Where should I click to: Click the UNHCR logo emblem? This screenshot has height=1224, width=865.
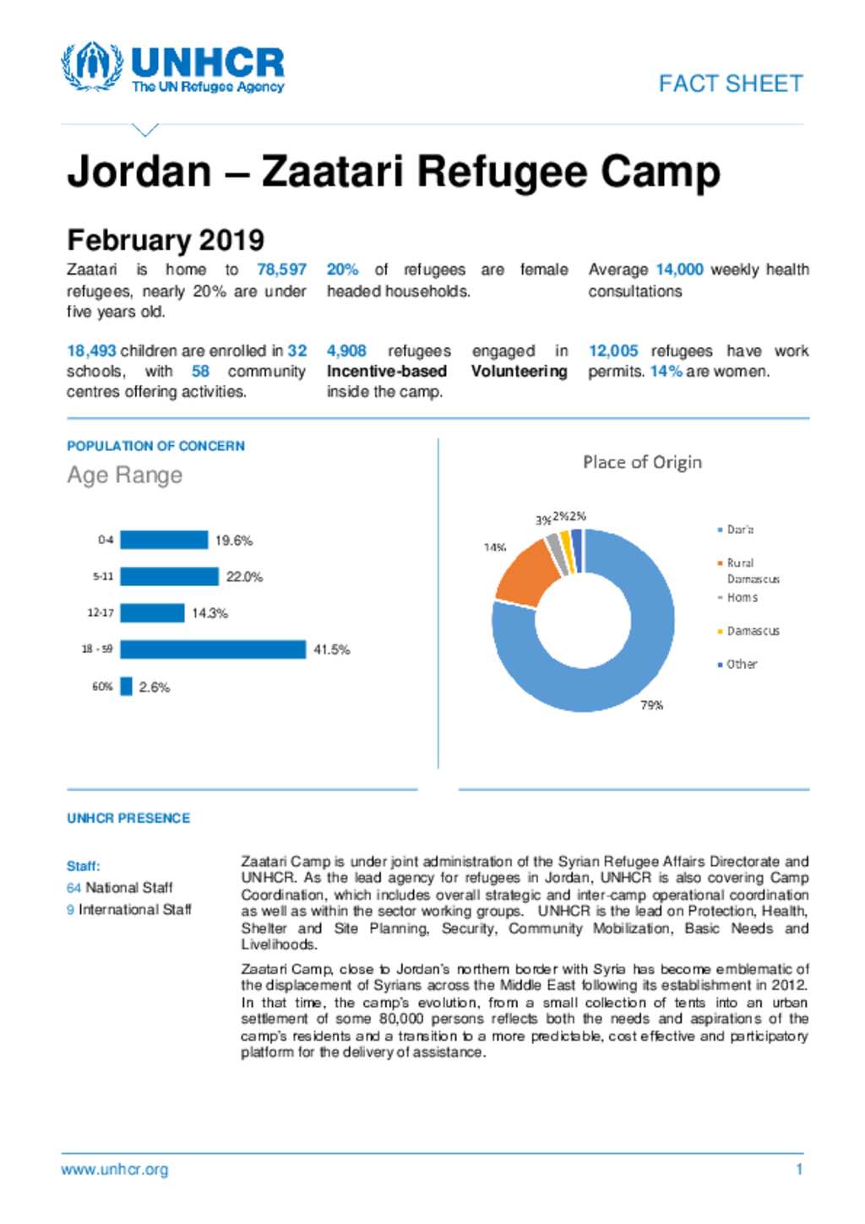point(91,66)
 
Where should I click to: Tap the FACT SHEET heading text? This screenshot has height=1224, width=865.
point(731,84)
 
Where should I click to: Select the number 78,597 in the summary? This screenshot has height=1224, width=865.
point(281,269)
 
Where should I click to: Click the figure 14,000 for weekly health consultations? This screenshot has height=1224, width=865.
point(679,269)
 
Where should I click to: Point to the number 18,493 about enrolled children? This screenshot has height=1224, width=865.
point(91,351)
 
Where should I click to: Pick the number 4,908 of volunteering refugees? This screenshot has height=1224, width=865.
point(346,351)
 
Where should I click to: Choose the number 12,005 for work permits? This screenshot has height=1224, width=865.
point(613,351)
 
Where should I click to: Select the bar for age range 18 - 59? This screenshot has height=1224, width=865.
point(213,650)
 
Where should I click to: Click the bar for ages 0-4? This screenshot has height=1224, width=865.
point(164,540)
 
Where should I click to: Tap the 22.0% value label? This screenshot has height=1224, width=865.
point(244,577)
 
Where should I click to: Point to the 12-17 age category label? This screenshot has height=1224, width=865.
point(101,613)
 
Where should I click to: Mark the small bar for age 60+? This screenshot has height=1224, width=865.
point(127,687)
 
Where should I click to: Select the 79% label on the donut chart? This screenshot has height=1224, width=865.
point(651,705)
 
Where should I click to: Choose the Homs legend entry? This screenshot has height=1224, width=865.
point(742,597)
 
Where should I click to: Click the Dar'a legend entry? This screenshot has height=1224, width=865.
point(739,530)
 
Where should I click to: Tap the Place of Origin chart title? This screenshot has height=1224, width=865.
point(642,462)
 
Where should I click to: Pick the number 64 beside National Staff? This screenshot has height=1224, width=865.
point(73,888)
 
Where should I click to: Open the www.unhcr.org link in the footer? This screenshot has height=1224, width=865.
point(114,1170)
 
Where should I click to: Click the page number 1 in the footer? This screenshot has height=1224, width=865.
point(799,1170)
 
